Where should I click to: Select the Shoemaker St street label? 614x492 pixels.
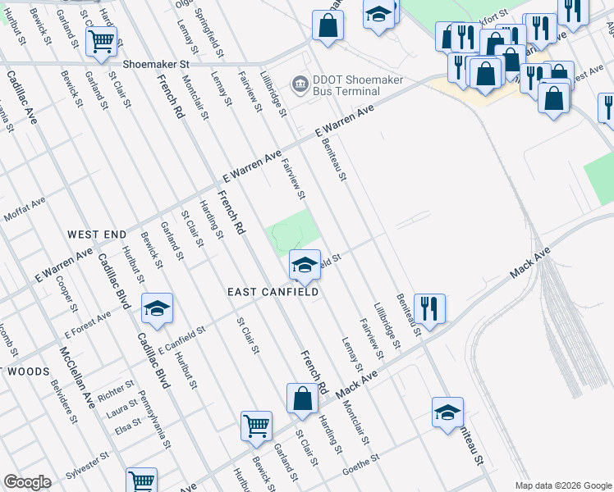(156, 62)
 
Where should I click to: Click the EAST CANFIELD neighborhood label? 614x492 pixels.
(273, 292)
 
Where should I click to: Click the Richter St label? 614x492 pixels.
(115, 389)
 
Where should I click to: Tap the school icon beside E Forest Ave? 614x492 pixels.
(157, 307)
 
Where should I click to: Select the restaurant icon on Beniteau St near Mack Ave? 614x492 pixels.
(429, 308)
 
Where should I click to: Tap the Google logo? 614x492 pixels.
(27, 482)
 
